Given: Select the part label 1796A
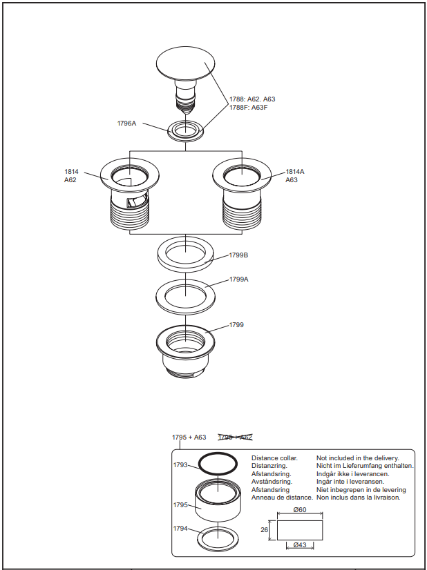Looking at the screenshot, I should point(126,124).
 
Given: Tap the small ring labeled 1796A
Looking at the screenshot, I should point(186,130).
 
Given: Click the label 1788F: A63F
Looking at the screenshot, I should point(248,108).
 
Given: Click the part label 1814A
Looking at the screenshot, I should point(295,171).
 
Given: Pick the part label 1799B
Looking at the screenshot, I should point(238,255).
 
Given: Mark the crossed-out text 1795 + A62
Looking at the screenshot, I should point(235,437).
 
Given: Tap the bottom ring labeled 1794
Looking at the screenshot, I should point(218,537).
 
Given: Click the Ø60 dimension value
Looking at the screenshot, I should point(300,510).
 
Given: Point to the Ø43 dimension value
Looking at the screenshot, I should point(300,545).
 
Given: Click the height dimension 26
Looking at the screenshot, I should point(264,530).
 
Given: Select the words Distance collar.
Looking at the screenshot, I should point(274,458).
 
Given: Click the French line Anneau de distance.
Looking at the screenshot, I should point(282,498).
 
